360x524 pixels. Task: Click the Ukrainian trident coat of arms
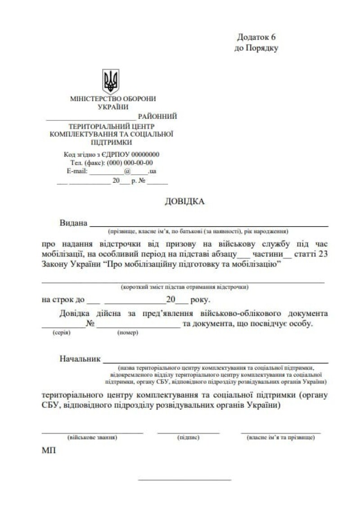click(111, 81)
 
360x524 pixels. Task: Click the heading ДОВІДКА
click(184, 201)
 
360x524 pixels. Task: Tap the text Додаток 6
click(256, 37)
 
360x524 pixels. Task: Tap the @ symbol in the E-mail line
click(127, 171)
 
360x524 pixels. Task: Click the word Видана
click(73, 223)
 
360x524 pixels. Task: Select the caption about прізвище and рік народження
click(198, 231)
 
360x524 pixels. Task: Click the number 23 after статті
click(323, 254)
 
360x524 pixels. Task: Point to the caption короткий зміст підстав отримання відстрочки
click(184, 287)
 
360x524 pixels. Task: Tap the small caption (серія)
click(61, 333)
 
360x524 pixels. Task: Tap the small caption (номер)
click(128, 333)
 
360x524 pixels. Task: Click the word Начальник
click(79, 359)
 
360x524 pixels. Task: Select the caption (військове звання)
click(92, 437)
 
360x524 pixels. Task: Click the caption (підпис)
click(189, 437)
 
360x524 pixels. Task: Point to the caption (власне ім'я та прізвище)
click(281, 437)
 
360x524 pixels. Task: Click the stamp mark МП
click(49, 450)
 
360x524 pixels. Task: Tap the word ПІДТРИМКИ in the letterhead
click(112, 142)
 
